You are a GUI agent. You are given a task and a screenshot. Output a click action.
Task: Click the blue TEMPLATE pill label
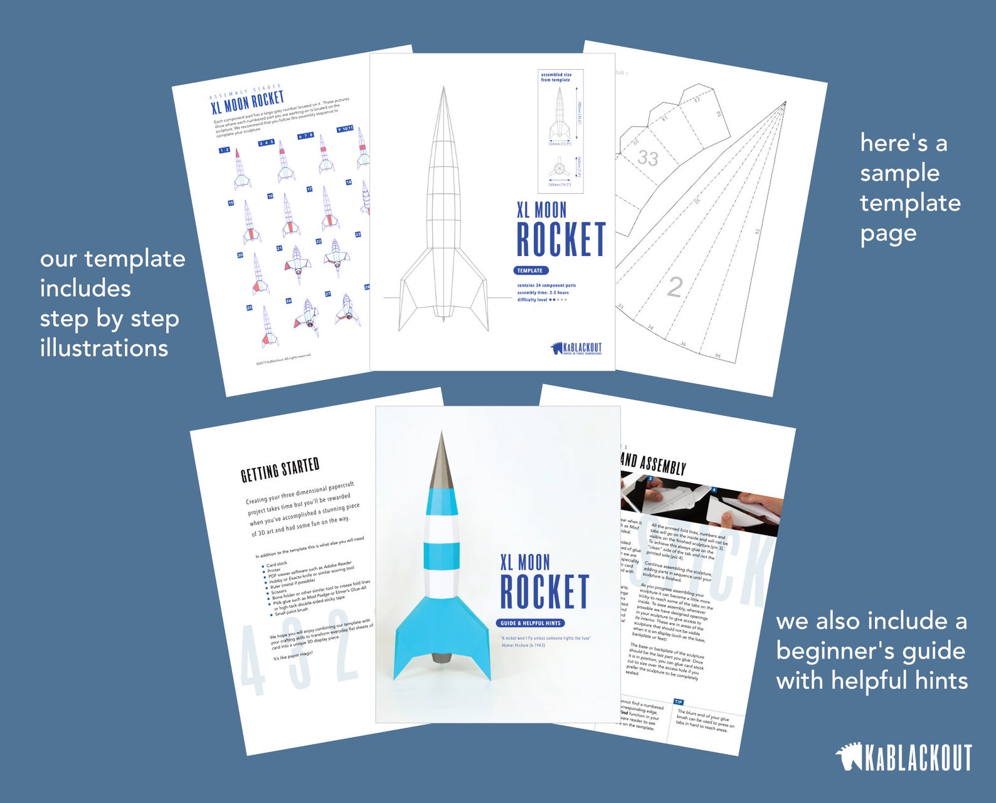click(531, 270)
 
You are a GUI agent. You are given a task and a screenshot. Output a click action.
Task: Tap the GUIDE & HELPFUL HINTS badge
click(531, 623)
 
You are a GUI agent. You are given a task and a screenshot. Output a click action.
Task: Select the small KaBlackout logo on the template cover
click(576, 348)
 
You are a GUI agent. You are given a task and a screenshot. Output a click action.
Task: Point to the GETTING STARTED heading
click(280, 470)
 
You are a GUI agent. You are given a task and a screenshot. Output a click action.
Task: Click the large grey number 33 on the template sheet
click(648, 157)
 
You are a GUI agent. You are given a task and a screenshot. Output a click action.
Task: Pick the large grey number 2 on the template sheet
click(675, 287)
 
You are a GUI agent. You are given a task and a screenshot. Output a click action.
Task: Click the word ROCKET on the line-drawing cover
click(561, 240)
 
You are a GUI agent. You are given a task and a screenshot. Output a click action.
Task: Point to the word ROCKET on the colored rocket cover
click(544, 592)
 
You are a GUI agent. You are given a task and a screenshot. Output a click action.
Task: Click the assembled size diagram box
click(560, 130)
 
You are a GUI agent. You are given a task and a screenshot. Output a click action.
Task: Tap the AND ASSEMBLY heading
click(653, 465)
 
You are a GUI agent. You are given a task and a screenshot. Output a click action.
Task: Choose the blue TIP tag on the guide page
click(678, 702)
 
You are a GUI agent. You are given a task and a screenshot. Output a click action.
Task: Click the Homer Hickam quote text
click(545, 641)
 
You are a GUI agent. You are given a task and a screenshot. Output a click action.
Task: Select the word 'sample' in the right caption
click(899, 174)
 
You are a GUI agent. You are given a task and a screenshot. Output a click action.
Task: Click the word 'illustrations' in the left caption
click(104, 348)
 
